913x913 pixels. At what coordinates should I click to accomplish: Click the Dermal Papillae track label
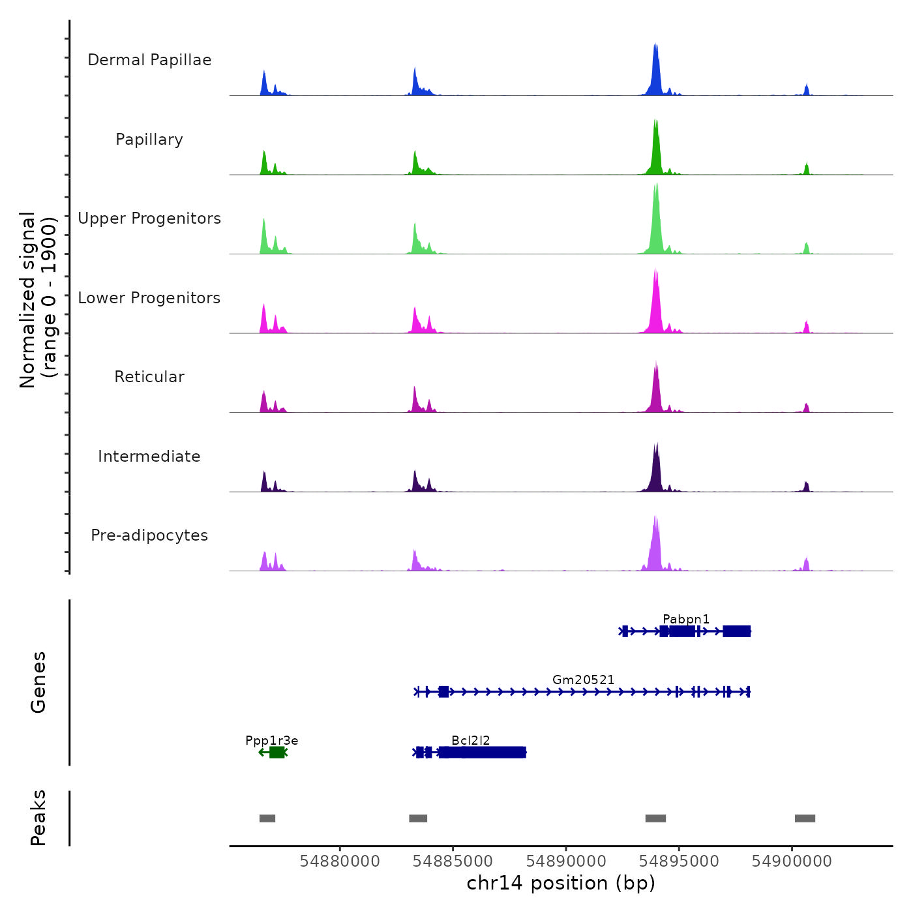(149, 60)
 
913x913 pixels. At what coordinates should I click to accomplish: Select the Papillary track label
(149, 140)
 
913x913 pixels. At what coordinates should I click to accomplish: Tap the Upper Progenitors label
(149, 218)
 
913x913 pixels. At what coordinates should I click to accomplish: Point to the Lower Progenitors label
(149, 298)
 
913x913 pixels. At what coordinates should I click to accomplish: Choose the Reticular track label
(149, 377)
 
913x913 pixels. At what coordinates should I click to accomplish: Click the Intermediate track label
(149, 456)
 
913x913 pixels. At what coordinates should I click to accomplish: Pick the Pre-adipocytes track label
(149, 535)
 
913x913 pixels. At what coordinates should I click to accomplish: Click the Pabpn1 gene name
(685, 619)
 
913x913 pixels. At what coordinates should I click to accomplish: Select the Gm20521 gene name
(583, 680)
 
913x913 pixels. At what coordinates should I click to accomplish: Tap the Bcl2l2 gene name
(470, 740)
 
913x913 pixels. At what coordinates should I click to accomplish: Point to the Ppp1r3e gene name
(272, 740)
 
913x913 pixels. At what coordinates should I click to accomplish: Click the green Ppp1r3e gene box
(277, 753)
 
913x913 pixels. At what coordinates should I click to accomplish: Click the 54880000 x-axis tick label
(340, 861)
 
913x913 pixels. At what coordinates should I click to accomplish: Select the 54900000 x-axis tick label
(792, 861)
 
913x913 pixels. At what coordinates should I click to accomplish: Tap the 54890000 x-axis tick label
(566, 861)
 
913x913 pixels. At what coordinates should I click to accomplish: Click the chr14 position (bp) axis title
(561, 883)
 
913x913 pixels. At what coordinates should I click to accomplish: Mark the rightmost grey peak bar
(805, 818)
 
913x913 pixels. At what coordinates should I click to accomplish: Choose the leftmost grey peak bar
(267, 818)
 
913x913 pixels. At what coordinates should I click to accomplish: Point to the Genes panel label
(38, 682)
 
